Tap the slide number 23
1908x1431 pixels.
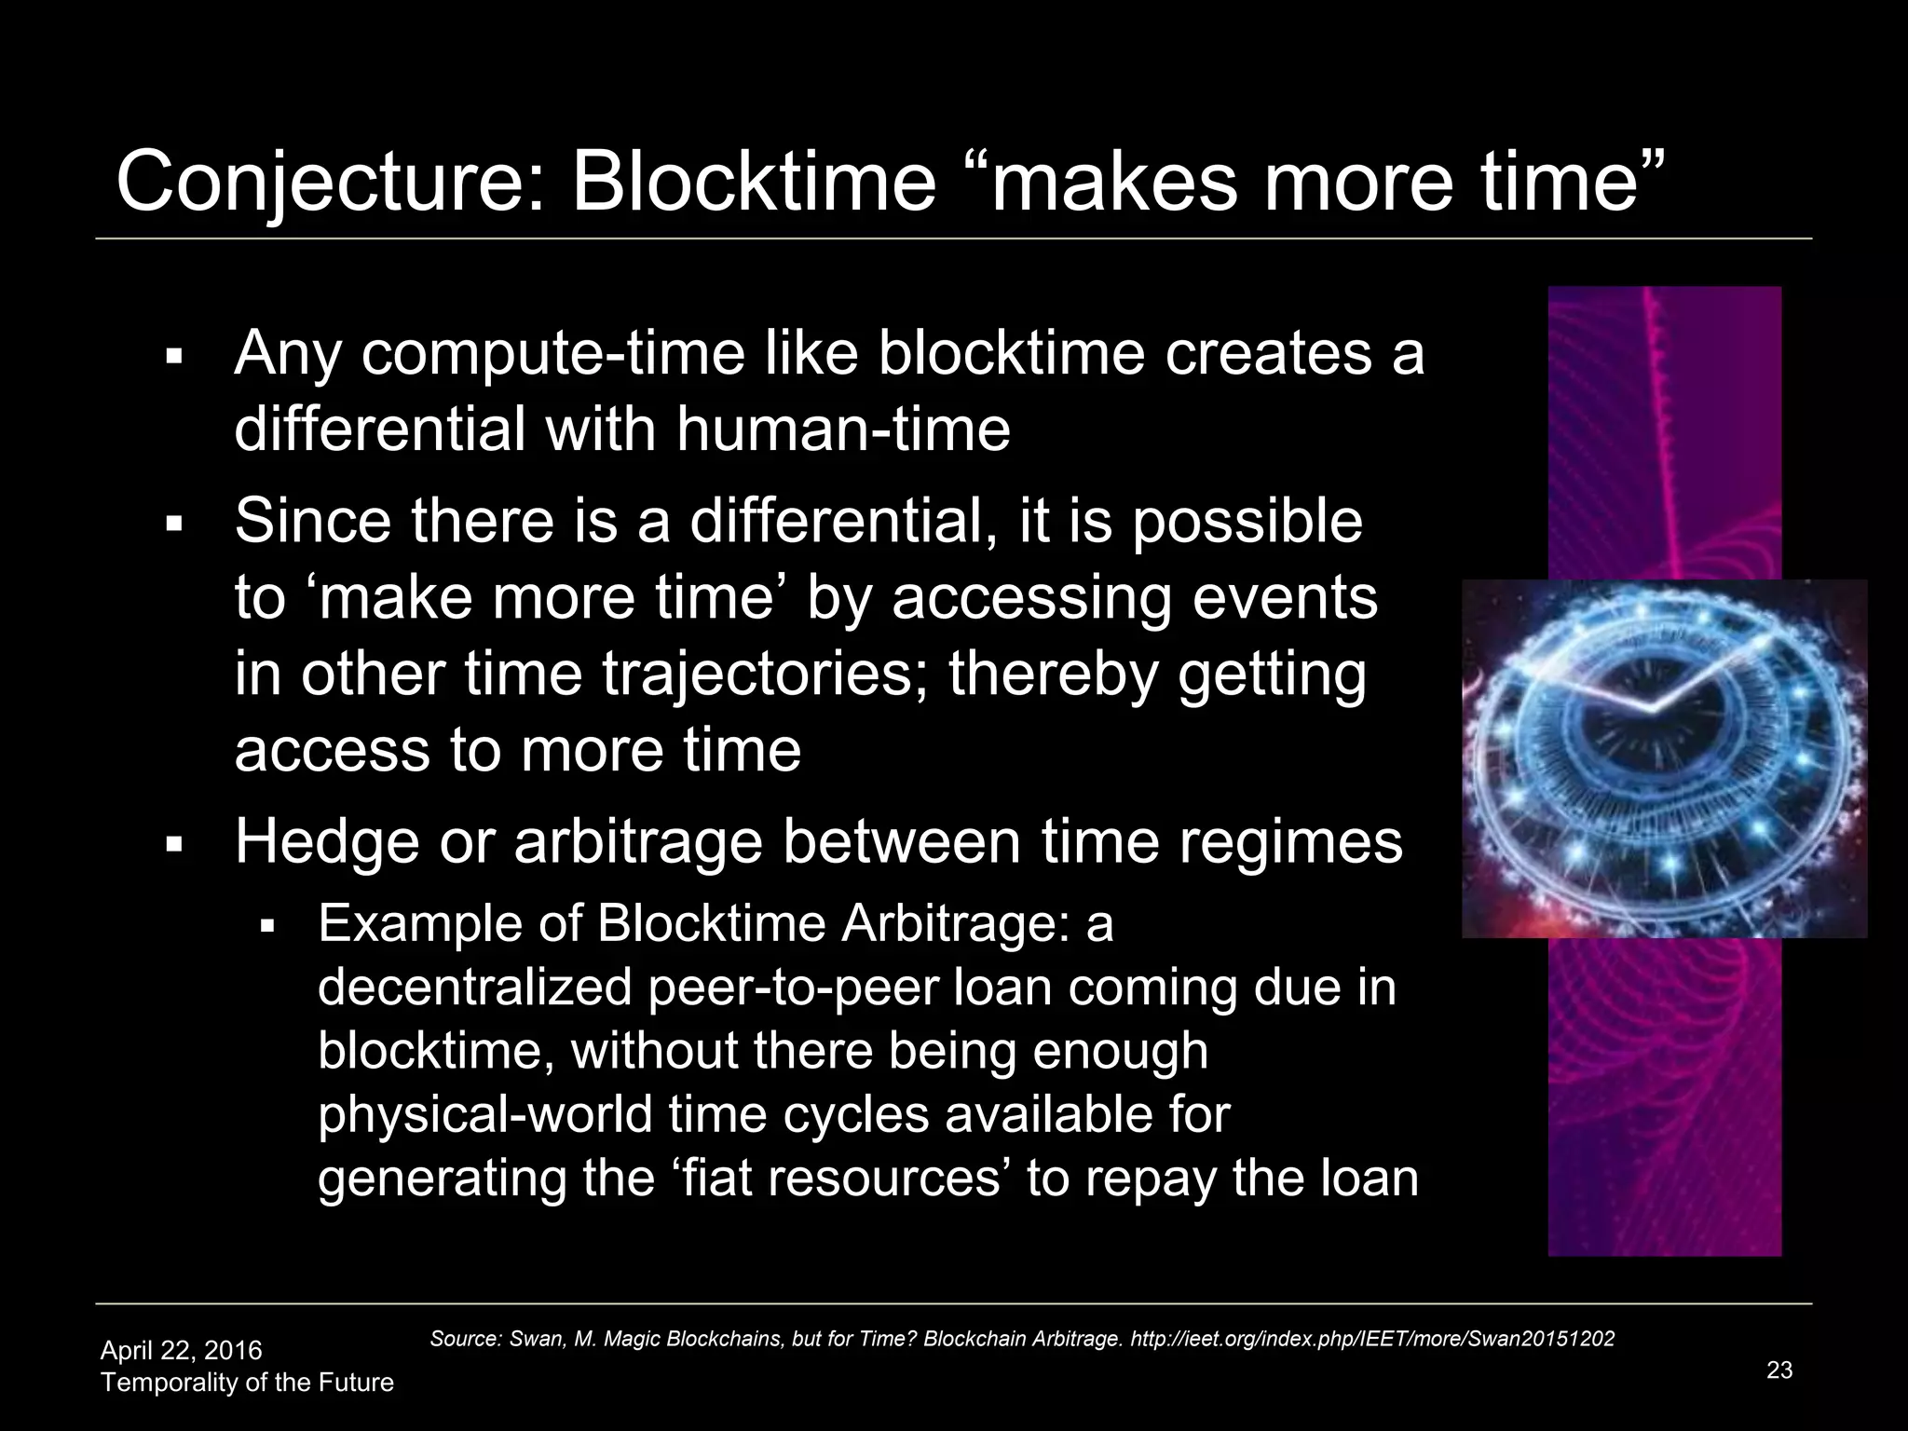tap(1779, 1370)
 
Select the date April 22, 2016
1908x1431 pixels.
tap(181, 1350)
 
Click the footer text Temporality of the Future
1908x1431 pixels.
tap(247, 1382)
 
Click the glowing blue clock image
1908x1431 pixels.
tap(1664, 758)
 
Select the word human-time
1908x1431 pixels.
tap(843, 429)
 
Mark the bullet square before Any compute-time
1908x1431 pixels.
tap(172, 357)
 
